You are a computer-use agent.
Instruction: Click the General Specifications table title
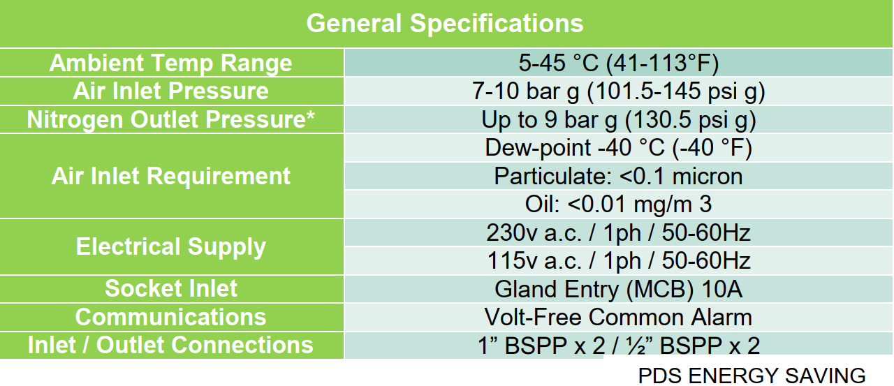pyautogui.click(x=445, y=23)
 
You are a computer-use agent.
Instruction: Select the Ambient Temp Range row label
pyautogui.click(x=171, y=63)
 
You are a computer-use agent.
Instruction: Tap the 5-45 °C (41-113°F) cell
pyautogui.click(x=618, y=63)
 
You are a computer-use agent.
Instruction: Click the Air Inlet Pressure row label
pyautogui.click(x=171, y=91)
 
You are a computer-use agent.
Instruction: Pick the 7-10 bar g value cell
pyautogui.click(x=618, y=91)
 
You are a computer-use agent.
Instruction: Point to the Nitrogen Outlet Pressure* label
pyautogui.click(x=171, y=119)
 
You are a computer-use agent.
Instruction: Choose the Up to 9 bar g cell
pyautogui.click(x=618, y=119)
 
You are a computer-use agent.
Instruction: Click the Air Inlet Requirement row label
pyautogui.click(x=171, y=176)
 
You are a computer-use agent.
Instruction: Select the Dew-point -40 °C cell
pyautogui.click(x=618, y=148)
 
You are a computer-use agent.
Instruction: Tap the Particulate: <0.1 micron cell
pyautogui.click(x=618, y=177)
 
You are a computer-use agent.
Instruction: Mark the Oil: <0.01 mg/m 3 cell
pyautogui.click(x=618, y=204)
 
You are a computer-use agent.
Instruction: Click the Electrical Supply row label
pyautogui.click(x=171, y=247)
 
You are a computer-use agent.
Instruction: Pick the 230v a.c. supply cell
pyautogui.click(x=618, y=233)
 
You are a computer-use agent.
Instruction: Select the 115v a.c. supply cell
pyautogui.click(x=618, y=261)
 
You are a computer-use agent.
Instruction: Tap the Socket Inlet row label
pyautogui.click(x=171, y=288)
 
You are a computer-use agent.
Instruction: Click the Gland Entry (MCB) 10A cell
pyautogui.click(x=618, y=289)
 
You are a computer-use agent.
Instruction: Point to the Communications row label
pyautogui.click(x=171, y=317)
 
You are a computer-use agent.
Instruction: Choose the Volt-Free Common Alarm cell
pyautogui.click(x=618, y=318)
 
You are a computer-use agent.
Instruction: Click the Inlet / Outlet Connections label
pyautogui.click(x=171, y=345)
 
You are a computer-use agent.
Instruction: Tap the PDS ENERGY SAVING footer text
pyautogui.click(x=752, y=376)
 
